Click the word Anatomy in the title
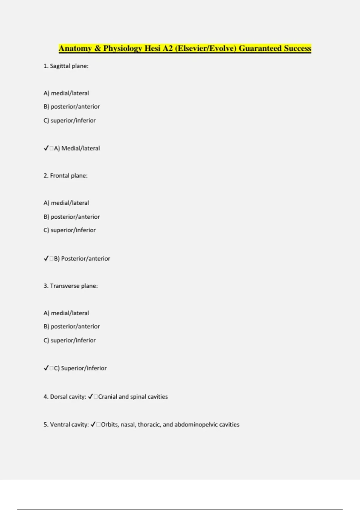tap(75, 49)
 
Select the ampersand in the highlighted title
tap(97, 49)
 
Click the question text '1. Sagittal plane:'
tap(66, 66)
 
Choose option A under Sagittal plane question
tap(66, 93)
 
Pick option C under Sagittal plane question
tap(70, 121)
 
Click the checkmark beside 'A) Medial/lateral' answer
tap(46, 148)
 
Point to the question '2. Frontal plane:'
tap(66, 176)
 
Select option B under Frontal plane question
tap(72, 217)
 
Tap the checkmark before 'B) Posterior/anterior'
tap(46, 258)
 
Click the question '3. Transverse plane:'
tap(71, 286)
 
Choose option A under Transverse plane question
tap(66, 313)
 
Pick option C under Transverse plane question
tap(70, 340)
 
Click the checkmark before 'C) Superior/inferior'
tap(46, 368)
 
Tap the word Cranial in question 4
tap(108, 397)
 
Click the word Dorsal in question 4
tap(59, 397)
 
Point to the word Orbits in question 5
tap(110, 424)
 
